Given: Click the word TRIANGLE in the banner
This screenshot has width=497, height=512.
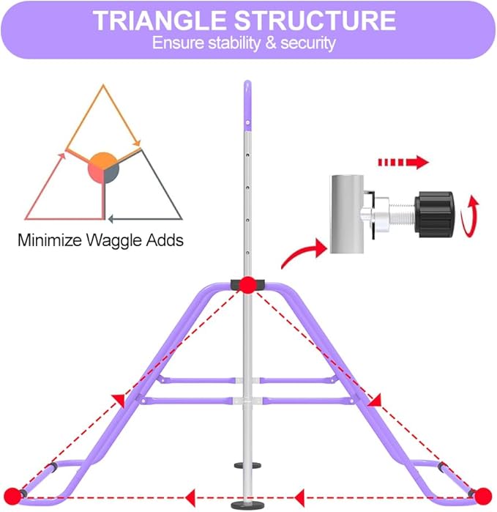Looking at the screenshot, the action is coord(160,21).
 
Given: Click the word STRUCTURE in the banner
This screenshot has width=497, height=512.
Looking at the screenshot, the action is coord(315,21).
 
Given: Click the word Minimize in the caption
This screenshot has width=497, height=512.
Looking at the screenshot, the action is coord(50,240).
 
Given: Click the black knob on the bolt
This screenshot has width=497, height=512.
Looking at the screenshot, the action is coord(434,214).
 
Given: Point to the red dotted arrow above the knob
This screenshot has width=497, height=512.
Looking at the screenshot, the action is coord(403,162).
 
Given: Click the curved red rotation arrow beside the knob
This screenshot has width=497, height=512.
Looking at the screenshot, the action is coord(470,216).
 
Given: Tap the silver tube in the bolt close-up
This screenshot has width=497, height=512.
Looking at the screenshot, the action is coord(347,214).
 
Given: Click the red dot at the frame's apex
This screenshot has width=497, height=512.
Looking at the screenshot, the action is coord(247,285).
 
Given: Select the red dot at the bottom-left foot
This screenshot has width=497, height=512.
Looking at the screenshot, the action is coord(12,497).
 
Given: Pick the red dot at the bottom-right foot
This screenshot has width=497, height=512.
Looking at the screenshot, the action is coord(482,497).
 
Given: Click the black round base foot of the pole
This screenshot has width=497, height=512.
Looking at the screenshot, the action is coord(247,505).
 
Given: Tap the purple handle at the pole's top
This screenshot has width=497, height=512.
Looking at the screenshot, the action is coord(247,105).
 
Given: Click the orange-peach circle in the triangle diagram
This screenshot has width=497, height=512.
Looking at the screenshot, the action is coord(103,168).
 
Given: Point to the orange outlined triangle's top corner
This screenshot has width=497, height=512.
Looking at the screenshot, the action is coord(103,85).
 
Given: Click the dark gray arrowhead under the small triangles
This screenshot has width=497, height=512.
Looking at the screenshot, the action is coord(111,219).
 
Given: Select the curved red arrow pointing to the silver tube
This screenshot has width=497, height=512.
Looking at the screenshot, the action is coord(304,253).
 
